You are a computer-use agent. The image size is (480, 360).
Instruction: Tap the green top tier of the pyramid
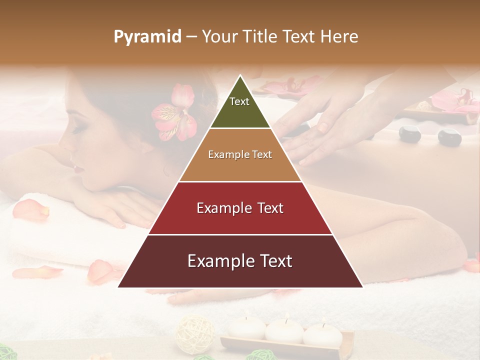coord(240,107)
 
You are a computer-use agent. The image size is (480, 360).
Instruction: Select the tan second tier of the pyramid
coord(240,155)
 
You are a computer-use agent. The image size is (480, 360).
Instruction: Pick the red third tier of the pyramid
coord(240,208)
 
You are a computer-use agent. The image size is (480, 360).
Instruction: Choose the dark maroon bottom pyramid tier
coord(240,261)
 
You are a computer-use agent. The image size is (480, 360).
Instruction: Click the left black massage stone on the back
coord(409,134)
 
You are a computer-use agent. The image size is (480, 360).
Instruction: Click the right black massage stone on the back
coord(449,137)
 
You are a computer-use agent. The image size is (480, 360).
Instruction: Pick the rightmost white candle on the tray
coord(322,333)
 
